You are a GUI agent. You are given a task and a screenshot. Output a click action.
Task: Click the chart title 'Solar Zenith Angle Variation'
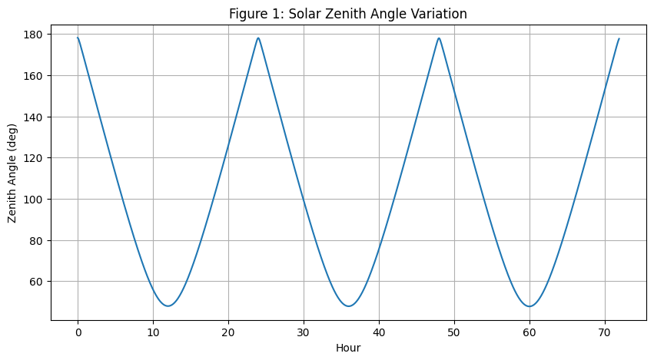point(348,14)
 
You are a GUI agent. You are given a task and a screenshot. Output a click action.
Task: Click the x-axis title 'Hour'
point(348,348)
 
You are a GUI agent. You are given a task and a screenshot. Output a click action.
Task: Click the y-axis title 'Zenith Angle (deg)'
point(13,173)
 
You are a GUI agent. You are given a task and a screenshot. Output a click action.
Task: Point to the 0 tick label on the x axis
point(78,332)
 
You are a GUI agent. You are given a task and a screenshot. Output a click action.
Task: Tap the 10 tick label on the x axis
point(153,332)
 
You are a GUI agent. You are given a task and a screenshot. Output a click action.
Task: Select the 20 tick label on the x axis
point(228,332)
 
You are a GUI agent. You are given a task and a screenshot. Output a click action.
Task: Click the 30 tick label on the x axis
point(304,332)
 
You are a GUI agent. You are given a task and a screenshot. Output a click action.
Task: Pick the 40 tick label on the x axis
point(379,332)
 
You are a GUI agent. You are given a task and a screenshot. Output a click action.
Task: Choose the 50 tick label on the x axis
point(454,332)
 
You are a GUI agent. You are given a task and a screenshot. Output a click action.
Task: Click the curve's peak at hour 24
point(258,38)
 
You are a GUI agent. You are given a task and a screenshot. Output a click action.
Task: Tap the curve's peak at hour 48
point(439,38)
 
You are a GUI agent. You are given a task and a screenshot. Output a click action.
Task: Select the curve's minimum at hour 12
point(168,306)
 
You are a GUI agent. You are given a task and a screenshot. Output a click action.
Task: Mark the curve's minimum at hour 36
point(349,306)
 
